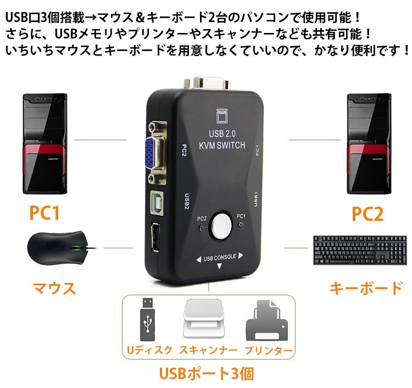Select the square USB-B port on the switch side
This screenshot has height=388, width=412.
coord(157,202)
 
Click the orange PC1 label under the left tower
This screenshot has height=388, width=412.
coord(44,213)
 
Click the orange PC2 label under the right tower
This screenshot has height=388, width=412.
coord(368,214)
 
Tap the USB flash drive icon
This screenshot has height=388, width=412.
coord(147,319)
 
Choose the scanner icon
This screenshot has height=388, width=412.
coord(204,318)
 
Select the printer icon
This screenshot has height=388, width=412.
coord(266,320)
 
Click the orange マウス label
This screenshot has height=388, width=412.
coord(54,288)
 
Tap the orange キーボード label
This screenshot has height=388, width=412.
coord(366,288)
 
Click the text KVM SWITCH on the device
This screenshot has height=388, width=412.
coord(222,145)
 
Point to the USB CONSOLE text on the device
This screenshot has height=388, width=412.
coord(220,257)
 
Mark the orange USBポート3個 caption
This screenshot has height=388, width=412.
coord(207,373)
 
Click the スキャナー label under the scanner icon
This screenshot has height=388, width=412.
coord(208,350)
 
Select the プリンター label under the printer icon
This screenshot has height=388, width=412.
coord(269,351)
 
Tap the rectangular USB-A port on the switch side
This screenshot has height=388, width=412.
coord(155,237)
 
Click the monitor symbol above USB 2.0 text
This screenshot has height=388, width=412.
coord(222,115)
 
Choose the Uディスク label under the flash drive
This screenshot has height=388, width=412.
coord(149,350)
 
